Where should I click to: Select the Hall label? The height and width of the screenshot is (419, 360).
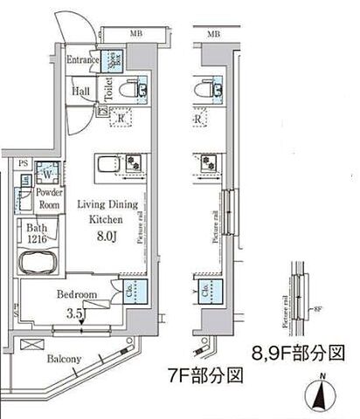point(80,90)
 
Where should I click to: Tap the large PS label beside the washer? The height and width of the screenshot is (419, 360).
point(23,162)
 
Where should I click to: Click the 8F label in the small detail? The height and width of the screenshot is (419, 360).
point(318,308)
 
